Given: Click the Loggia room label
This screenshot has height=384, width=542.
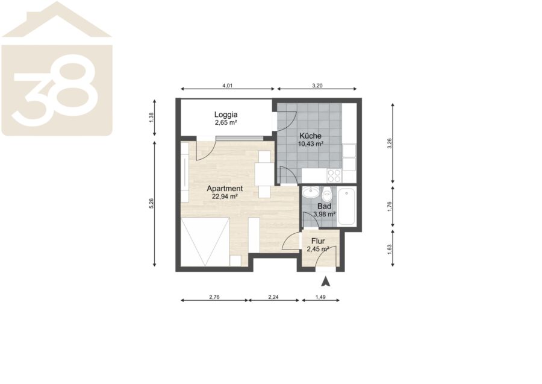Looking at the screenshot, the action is tap(226, 115).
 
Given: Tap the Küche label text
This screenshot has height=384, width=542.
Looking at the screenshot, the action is tap(310, 136).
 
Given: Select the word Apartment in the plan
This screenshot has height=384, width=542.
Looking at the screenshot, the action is tap(225, 189).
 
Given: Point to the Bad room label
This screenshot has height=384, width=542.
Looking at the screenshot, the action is tap(324, 207).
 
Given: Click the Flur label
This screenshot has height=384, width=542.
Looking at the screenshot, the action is tap(318, 241).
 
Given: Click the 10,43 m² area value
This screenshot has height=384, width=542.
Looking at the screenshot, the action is tap(310, 144).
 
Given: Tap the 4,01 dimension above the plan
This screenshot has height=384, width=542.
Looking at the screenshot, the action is tap(227, 86).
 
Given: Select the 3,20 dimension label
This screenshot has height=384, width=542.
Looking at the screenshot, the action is tap(317, 86).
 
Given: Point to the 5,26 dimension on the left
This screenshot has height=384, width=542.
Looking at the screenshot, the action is tap(151, 203).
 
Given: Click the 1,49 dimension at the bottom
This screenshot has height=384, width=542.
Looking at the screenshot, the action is tap(320, 297).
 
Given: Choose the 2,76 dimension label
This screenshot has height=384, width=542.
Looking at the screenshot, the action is tap(214, 297).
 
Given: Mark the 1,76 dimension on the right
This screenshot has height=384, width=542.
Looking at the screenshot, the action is tap(390, 207).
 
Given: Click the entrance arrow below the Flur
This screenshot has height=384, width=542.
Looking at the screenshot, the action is tap(325, 282).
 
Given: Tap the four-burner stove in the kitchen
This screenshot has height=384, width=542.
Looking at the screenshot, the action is tap(334, 176).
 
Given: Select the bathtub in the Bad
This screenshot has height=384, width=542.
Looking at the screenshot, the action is tap(346, 207).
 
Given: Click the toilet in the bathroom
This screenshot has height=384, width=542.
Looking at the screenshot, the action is tap(327, 195).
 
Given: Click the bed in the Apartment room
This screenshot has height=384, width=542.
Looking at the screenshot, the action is tap(205, 242).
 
